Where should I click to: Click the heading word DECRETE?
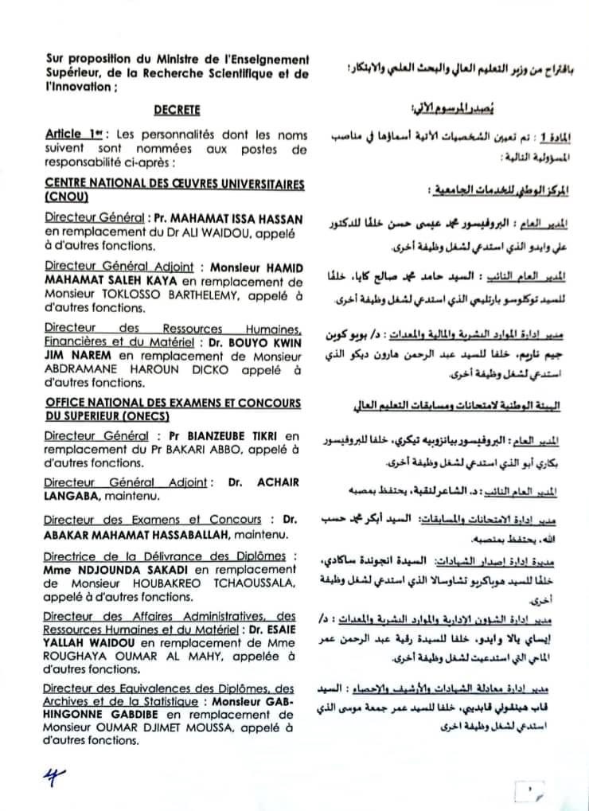click(178, 111)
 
